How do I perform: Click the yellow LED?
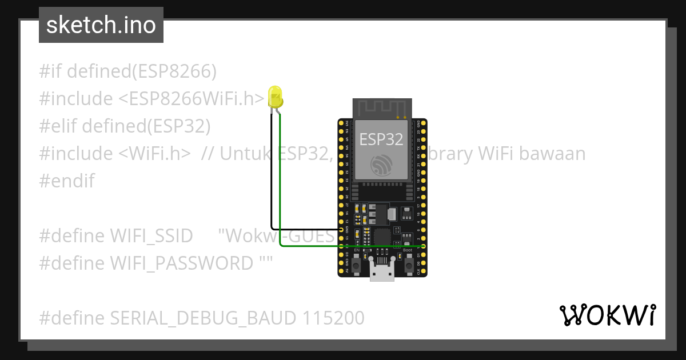(275, 97)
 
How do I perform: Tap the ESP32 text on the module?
(381, 139)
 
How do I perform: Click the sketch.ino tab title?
(101, 25)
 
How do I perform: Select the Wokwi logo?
(607, 315)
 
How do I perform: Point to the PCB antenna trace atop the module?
(382, 107)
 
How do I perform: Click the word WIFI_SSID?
(150, 235)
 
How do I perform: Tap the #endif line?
(67, 181)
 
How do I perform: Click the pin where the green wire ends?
(423, 245)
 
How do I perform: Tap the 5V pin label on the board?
(347, 271)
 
